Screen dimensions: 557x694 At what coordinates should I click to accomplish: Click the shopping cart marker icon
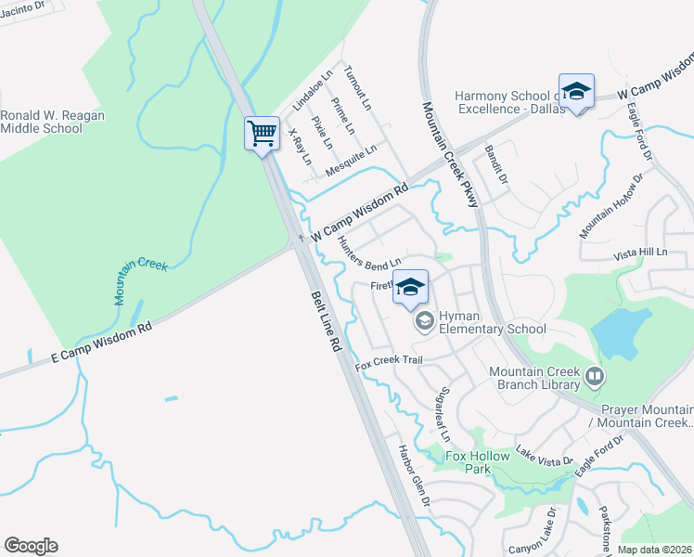263,133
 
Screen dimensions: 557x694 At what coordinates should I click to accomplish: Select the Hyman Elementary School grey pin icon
425,322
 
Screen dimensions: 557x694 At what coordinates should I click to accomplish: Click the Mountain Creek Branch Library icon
594,378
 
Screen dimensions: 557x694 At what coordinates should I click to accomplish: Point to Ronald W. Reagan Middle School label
52,122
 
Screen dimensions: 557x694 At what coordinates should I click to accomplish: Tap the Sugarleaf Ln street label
445,413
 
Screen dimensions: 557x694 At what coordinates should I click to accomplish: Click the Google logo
31,546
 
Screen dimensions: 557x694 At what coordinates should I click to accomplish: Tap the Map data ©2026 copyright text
655,550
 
